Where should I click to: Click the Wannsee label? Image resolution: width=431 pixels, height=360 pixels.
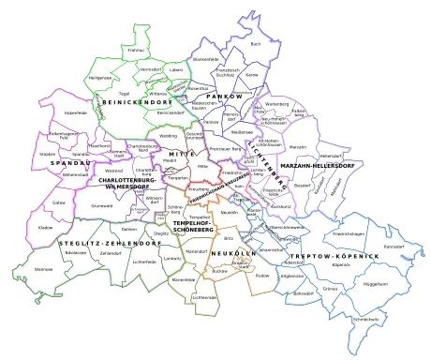click(43, 268)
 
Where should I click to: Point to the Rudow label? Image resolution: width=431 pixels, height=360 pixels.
click(261, 275)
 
